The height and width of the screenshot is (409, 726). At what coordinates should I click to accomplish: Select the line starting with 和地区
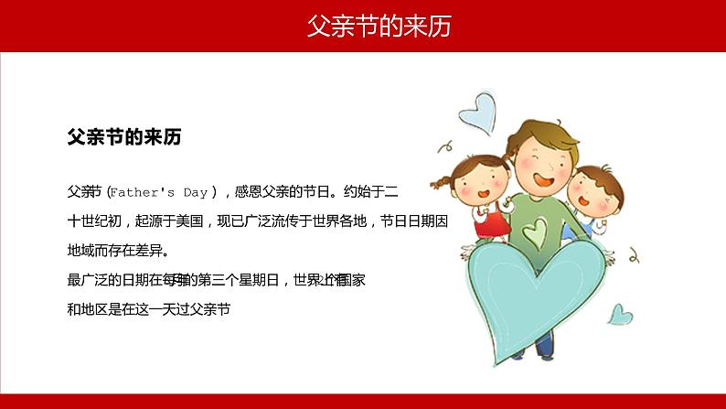coord(146,308)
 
